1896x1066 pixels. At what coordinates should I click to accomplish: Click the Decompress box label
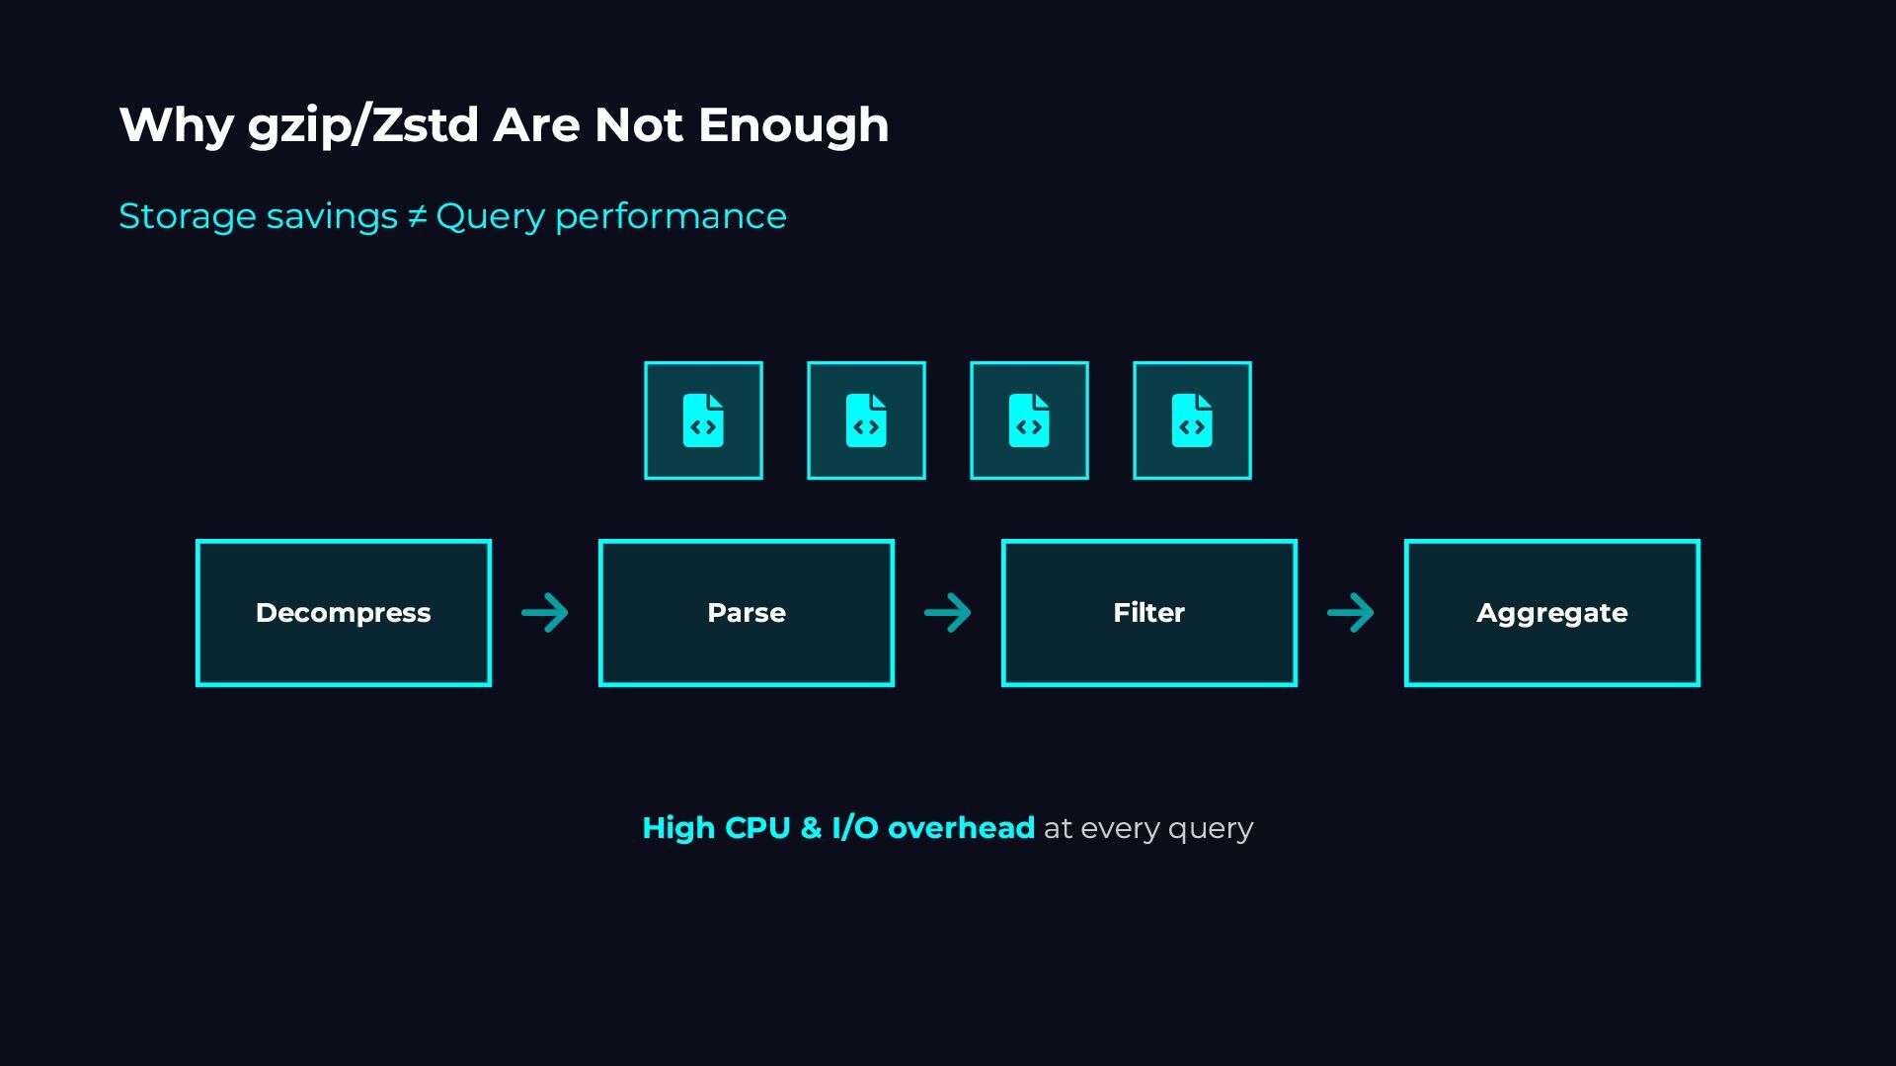click(343, 613)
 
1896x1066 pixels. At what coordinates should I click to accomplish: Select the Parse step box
click(746, 613)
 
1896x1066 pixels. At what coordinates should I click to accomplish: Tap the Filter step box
click(1148, 613)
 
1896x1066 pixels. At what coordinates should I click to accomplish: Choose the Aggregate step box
click(1551, 613)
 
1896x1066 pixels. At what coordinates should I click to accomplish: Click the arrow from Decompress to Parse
click(545, 613)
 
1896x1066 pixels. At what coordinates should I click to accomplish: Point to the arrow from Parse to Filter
click(948, 613)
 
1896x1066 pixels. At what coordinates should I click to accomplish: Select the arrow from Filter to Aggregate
click(1351, 613)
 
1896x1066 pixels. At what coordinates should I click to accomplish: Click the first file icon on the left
click(703, 420)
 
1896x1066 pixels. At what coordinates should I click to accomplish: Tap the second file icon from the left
click(866, 420)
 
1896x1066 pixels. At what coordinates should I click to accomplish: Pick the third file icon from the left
click(1029, 420)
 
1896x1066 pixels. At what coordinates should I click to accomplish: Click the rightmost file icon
click(1192, 420)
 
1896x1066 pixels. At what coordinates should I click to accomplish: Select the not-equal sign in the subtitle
click(417, 216)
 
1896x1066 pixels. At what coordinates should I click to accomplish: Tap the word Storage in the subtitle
click(188, 216)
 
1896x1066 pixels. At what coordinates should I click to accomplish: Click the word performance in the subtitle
click(671, 217)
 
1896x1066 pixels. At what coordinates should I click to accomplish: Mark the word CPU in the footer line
click(757, 827)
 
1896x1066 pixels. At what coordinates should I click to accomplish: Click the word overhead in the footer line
click(961, 827)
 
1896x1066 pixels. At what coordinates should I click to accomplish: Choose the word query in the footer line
click(1211, 829)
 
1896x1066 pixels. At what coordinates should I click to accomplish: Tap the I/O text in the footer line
click(855, 827)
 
